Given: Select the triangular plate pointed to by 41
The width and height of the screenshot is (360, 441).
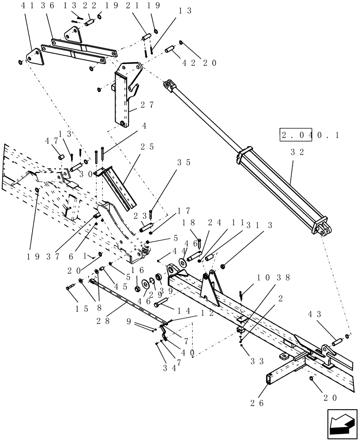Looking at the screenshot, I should point(34,58).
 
